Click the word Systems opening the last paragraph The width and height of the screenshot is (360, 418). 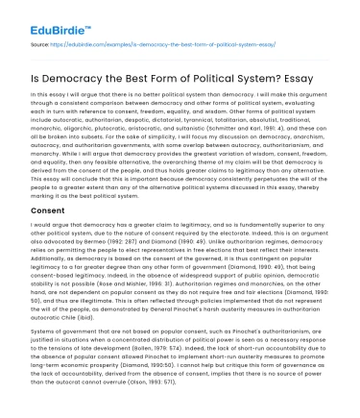(45, 330)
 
